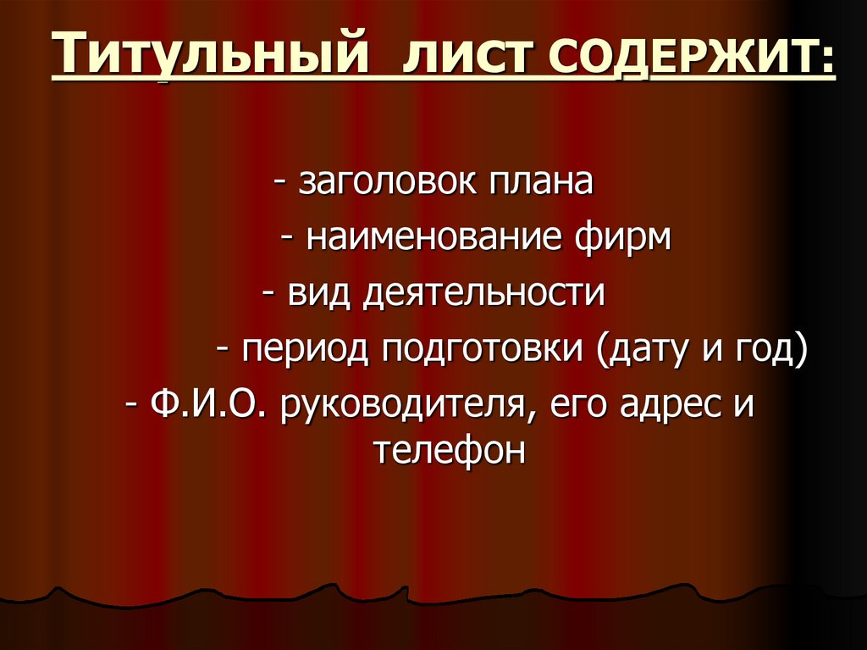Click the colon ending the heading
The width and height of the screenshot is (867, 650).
[x=826, y=61]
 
